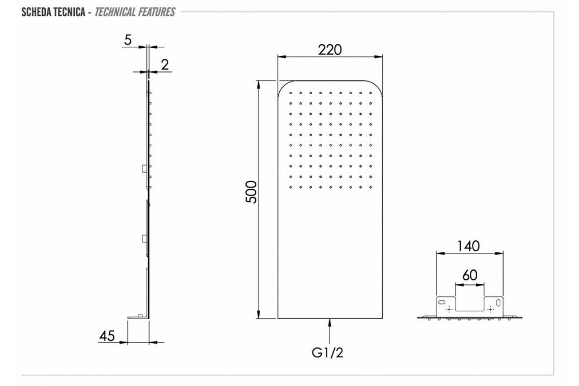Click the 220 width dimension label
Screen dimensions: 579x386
[330, 50]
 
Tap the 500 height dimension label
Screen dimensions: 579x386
[251, 192]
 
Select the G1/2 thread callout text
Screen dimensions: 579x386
[327, 353]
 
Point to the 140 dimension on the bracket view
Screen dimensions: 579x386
[469, 246]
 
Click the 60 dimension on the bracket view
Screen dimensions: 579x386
[469, 276]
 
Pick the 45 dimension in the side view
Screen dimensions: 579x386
[107, 336]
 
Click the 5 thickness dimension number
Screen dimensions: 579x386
[128, 40]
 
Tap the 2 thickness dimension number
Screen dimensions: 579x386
[165, 65]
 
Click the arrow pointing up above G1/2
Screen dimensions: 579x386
[330, 331]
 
